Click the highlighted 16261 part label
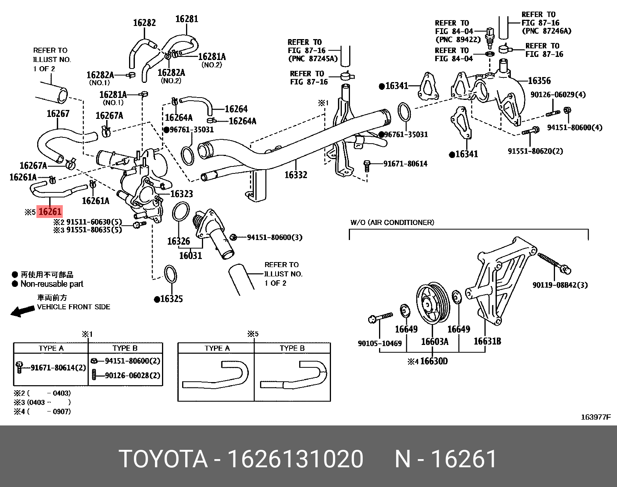pyautogui.click(x=49, y=212)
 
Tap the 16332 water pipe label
pyautogui.click(x=295, y=175)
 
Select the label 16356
pyautogui.click(x=539, y=81)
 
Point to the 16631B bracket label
pyautogui.click(x=487, y=341)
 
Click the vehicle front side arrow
pyautogui.click(x=22, y=311)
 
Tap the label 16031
pyautogui.click(x=190, y=256)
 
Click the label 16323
pyautogui.click(x=181, y=194)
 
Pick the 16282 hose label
pyautogui.click(x=144, y=22)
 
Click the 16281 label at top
pyautogui.click(x=186, y=19)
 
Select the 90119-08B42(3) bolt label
pyautogui.click(x=560, y=285)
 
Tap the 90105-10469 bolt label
pyautogui.click(x=379, y=343)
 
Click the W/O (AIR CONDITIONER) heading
pyautogui.click(x=392, y=223)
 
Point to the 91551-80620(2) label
pyautogui.click(x=535, y=151)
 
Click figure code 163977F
pyautogui.click(x=595, y=417)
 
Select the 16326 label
pyautogui.click(x=178, y=242)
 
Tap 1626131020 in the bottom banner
pyautogui.click(x=295, y=459)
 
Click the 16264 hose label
pyautogui.click(x=236, y=109)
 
